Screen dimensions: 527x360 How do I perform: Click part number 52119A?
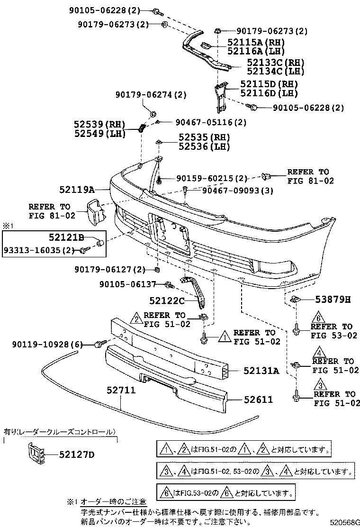78,190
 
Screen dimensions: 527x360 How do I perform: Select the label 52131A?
261,371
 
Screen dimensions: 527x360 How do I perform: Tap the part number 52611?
258,400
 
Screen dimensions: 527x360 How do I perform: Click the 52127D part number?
77,455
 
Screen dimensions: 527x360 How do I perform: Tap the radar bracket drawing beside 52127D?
36,454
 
